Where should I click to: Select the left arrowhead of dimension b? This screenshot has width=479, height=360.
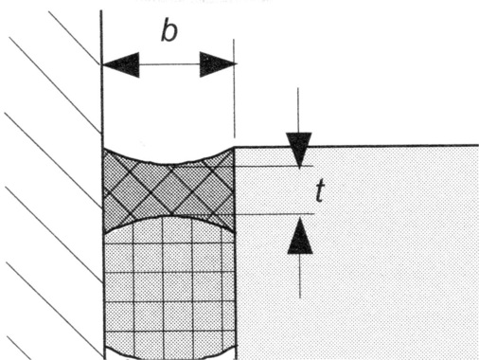[120, 64]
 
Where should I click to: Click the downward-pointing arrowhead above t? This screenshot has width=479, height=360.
[298, 150]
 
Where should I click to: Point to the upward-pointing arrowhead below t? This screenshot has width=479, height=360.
[298, 233]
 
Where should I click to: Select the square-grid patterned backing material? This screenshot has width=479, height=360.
[169, 284]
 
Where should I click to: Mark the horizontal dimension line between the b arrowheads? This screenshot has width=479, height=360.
[169, 64]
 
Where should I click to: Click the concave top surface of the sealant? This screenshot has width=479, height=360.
[169, 162]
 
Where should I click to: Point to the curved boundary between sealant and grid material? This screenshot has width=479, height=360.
[169, 217]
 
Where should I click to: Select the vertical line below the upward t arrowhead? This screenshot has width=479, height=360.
[298, 275]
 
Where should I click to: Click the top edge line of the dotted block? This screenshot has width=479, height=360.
[379, 146]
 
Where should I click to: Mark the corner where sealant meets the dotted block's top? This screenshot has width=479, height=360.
[234, 147]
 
